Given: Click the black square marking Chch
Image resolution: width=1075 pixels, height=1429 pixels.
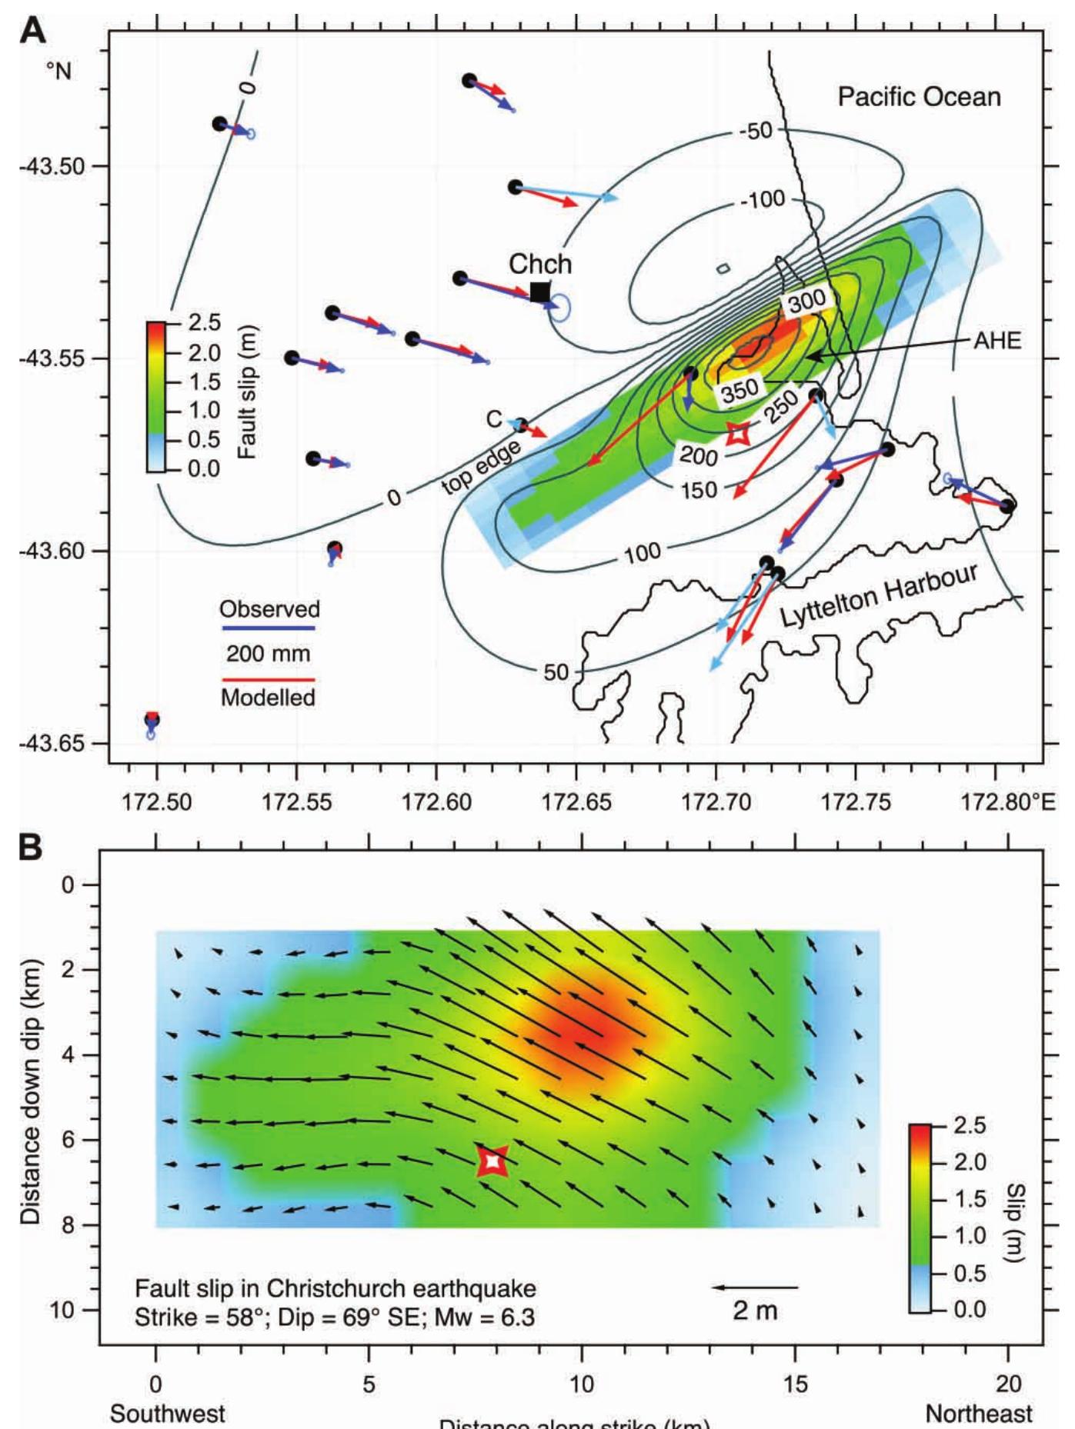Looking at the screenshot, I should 540,292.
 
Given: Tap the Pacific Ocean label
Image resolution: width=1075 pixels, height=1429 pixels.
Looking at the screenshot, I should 919,97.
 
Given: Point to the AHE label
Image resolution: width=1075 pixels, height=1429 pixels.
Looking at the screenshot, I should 997,341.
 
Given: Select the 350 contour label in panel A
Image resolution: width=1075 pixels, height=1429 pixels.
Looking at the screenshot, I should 739,390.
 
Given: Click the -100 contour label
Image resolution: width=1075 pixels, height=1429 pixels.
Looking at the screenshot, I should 763,201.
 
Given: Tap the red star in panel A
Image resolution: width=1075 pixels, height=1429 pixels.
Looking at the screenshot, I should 737,434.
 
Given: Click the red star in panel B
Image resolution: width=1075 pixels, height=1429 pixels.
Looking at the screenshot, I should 492,1161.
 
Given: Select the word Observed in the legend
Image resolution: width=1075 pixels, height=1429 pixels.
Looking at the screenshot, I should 269,609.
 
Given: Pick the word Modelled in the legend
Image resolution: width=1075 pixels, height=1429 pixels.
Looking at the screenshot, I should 268,698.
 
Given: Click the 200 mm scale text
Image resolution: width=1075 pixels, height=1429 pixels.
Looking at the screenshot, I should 268,655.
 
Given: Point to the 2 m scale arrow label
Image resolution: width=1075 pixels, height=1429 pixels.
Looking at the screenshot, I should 755,1311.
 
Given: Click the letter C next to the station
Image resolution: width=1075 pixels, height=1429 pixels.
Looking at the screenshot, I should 494,419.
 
